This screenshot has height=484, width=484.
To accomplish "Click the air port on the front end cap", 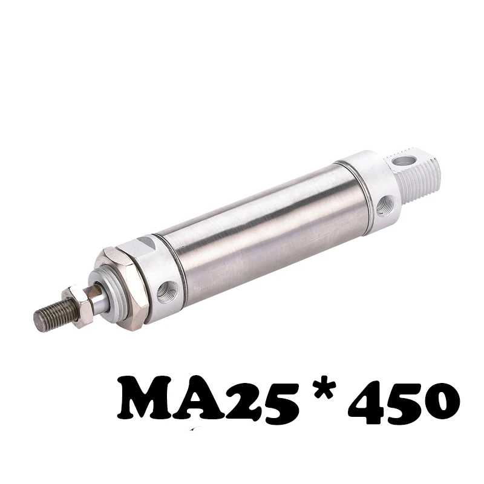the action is click(167, 291).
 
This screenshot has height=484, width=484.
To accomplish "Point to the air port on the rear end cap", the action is click(385, 204).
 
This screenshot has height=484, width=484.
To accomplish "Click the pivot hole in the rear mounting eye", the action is click(404, 160).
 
